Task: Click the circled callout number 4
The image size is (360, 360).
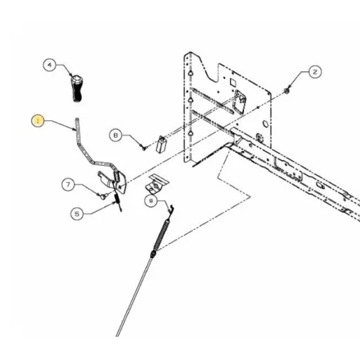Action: (49, 65)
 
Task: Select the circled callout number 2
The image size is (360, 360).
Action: (315, 72)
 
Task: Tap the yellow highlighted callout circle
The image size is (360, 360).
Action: (37, 121)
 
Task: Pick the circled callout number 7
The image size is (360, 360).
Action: (68, 184)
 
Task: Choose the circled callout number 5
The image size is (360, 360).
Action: (77, 214)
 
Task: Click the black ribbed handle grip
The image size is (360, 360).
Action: (77, 88)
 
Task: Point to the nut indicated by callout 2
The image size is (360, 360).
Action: (286, 91)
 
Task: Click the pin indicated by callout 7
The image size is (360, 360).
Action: (103, 195)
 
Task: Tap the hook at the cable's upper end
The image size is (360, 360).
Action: (172, 210)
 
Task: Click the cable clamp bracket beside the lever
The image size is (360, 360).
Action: (157, 184)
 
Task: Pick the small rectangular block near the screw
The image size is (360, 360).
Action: (162, 144)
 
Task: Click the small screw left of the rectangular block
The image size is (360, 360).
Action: (143, 147)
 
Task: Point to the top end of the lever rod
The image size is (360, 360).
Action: (77, 119)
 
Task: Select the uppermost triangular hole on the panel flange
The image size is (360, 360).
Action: (190, 72)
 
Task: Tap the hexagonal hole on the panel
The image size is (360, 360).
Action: (265, 124)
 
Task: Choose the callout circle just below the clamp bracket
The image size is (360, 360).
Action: (150, 200)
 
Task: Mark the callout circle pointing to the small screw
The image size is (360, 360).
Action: (115, 135)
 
